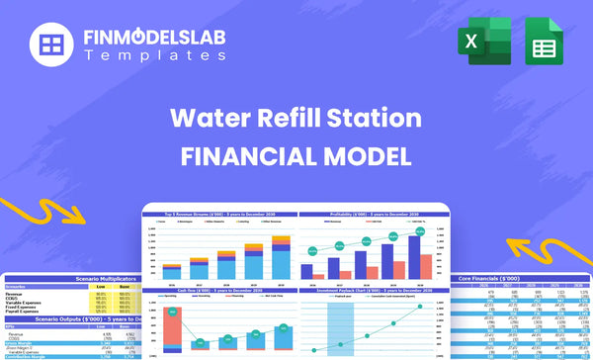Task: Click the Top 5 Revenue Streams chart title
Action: pos(219,214)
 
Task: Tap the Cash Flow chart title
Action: pos(219,291)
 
